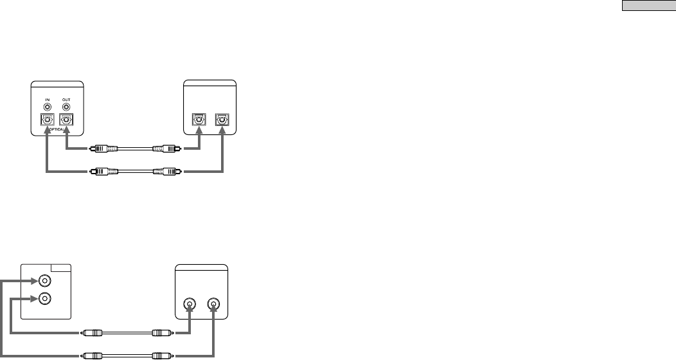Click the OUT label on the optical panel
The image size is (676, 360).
click(x=66, y=99)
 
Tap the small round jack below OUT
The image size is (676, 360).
click(x=66, y=107)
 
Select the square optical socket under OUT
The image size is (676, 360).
click(x=66, y=120)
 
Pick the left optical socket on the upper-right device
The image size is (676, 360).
click(x=200, y=120)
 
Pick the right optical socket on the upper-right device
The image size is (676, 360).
click(x=222, y=120)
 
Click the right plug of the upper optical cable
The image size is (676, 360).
click(x=163, y=148)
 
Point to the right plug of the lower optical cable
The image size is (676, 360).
click(x=163, y=172)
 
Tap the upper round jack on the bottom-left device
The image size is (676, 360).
click(x=44, y=281)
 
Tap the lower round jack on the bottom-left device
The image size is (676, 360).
click(x=44, y=299)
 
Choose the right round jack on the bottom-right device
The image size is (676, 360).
click(x=213, y=305)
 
